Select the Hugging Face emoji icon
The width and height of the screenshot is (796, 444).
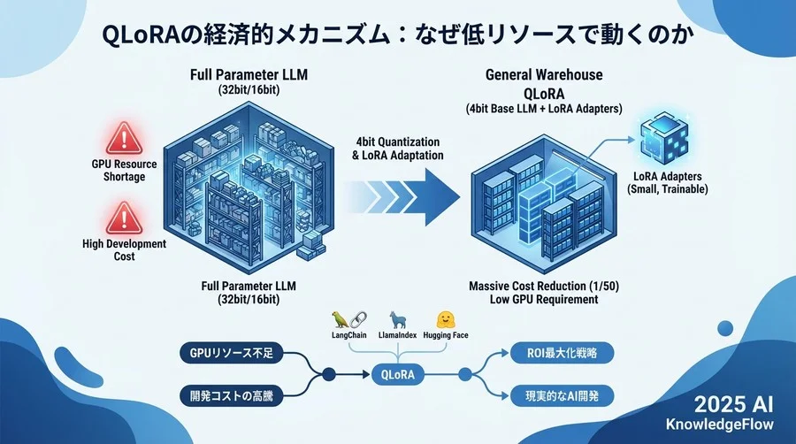tap(444, 319)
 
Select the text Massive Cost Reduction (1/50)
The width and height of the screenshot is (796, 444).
tap(543, 287)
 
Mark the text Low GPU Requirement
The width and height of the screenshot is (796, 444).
tap(543, 300)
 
